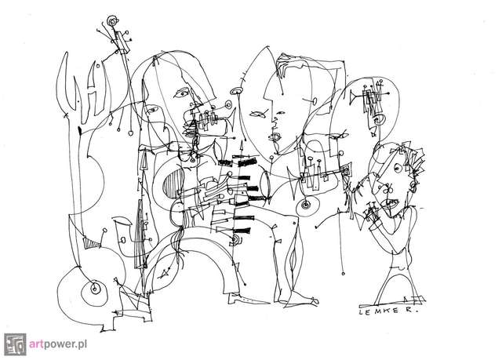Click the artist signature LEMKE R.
[x=387, y=311]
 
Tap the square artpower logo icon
[x=15, y=344]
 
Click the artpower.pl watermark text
[x=58, y=344]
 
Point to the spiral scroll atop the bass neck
[x=112, y=22]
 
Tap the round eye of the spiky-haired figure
[x=398, y=168]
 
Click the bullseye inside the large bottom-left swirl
[x=94, y=289]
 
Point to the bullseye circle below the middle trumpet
[x=307, y=205]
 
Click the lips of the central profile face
[x=275, y=137]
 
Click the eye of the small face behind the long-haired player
[x=153, y=110]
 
